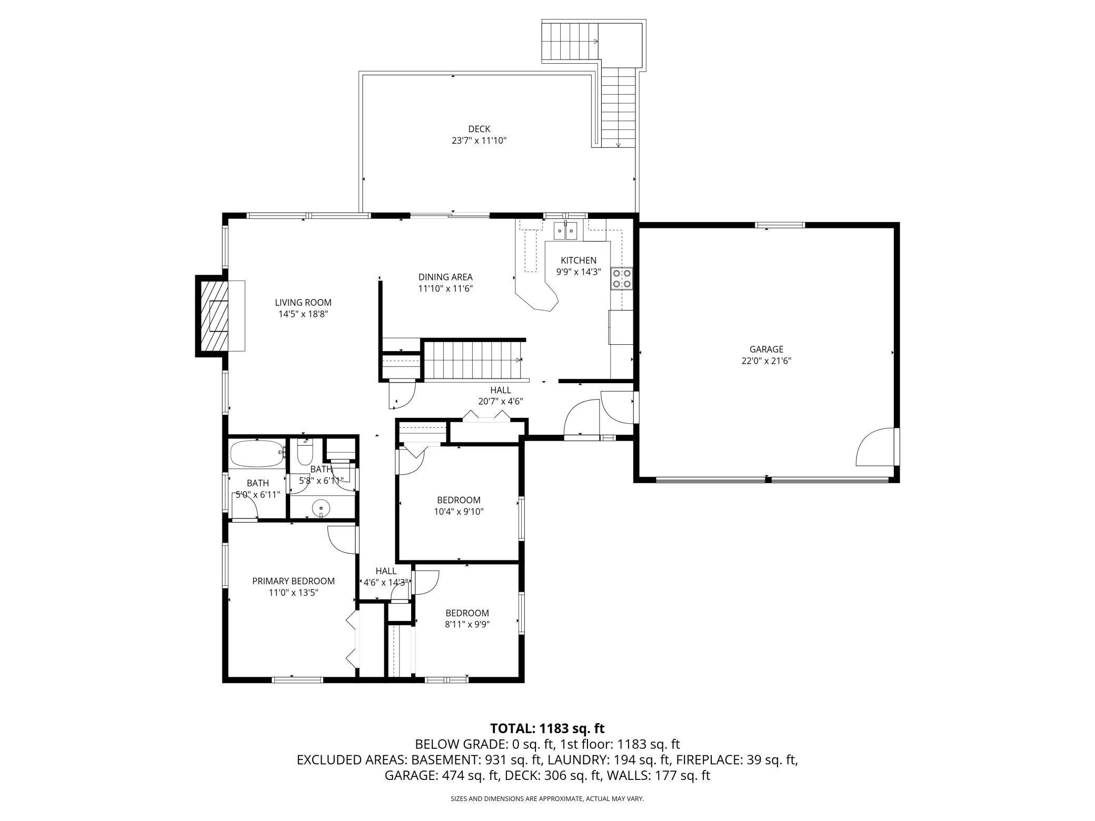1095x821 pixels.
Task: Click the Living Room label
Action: point(303,303)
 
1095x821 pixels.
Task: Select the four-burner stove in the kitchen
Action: point(622,278)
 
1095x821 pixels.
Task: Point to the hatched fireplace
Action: point(213,316)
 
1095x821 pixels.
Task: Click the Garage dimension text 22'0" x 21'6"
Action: point(766,361)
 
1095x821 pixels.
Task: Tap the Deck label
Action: point(479,129)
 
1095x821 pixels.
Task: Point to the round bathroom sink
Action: point(321,508)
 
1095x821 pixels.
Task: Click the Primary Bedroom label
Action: point(293,581)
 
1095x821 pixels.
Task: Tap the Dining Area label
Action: point(445,277)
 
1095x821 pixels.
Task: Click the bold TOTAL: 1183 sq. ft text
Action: point(547,728)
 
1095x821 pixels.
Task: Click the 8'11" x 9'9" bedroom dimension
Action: point(467,624)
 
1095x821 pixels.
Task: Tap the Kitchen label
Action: point(579,260)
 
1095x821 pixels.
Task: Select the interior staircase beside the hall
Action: point(473,360)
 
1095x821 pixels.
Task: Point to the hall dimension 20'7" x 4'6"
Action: point(500,401)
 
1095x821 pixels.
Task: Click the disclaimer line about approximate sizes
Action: point(547,799)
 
